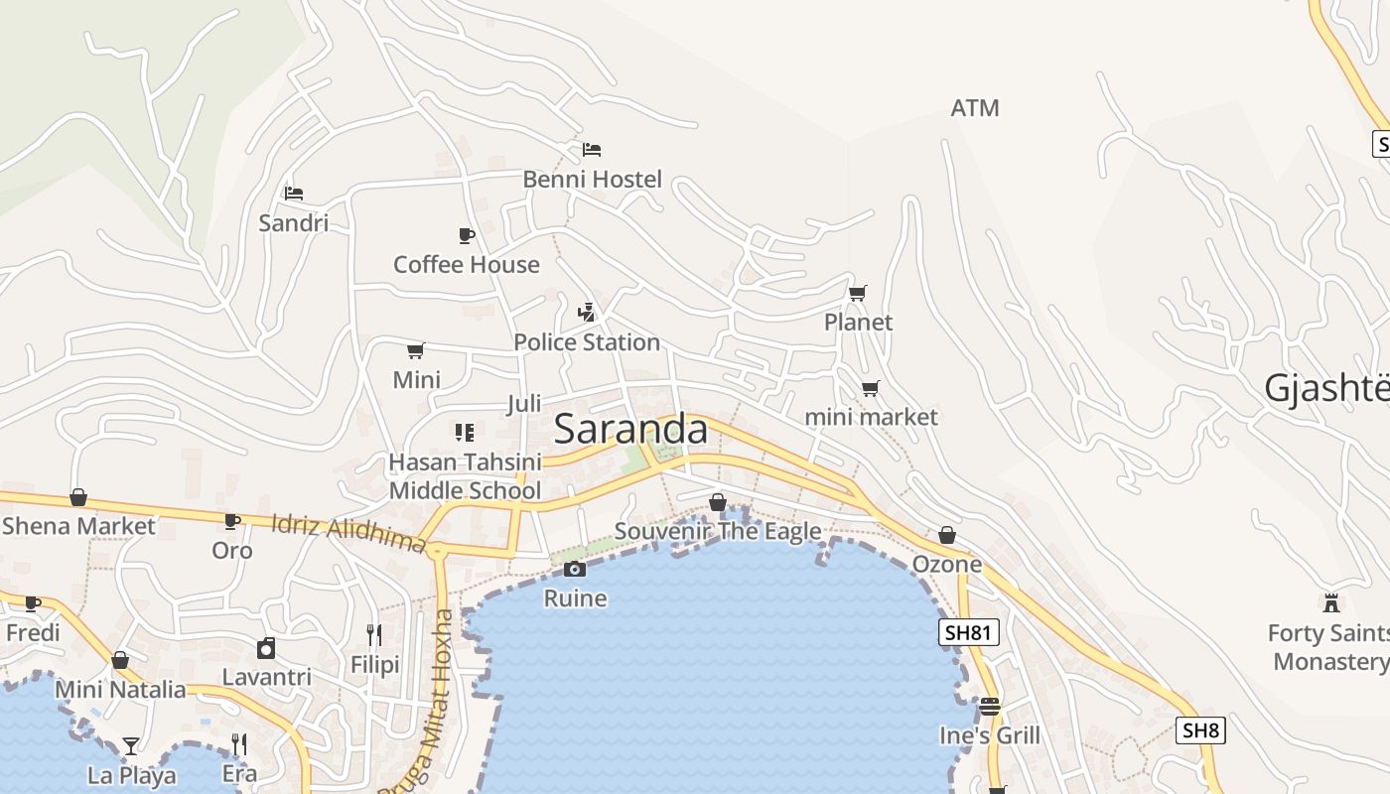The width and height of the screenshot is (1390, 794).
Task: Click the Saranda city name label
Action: [630, 429]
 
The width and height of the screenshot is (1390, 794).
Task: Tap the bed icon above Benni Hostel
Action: [592, 150]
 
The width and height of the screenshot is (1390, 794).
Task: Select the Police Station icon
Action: [587, 313]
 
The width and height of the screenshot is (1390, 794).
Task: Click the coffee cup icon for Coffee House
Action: [466, 235]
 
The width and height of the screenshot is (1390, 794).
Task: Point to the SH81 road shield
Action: [968, 632]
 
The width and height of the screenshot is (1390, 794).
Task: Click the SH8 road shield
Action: [1200, 731]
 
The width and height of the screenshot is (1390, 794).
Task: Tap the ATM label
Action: [975, 108]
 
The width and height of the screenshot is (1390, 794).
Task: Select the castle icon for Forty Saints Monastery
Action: [1331, 602]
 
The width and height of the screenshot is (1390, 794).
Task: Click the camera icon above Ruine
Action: [575, 569]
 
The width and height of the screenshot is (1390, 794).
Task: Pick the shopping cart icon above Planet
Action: [858, 293]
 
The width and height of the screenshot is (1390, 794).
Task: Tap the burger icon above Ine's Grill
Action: [990, 706]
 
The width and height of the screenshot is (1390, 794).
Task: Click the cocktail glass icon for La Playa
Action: [131, 745]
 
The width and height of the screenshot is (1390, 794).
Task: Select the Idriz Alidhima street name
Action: [348, 532]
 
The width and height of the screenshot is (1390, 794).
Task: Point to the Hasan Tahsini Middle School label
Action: [465, 476]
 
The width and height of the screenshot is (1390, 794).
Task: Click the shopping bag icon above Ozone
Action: [947, 535]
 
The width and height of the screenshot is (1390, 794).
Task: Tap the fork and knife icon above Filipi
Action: [374, 634]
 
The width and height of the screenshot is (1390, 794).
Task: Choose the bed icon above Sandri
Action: [293, 193]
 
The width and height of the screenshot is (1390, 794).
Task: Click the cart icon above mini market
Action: [871, 388]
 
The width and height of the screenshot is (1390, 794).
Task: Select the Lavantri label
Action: [266, 677]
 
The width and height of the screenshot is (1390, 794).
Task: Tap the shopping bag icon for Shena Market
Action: [78, 497]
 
